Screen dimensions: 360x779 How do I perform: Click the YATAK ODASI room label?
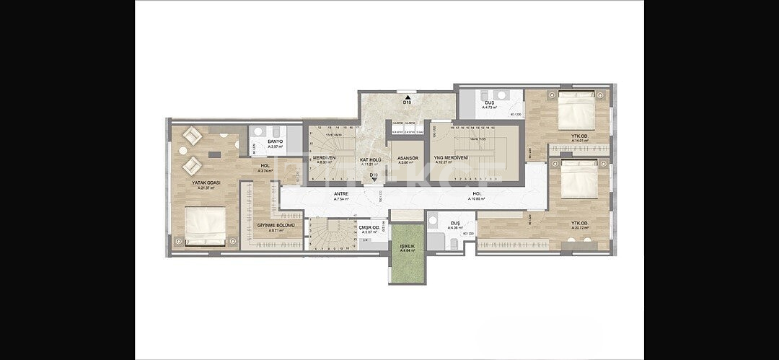tap(206, 183)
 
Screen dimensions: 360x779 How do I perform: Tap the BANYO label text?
tap(275, 141)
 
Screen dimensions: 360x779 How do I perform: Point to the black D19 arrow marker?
tap(374, 181)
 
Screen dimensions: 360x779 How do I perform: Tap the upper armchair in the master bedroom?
tap(193, 135)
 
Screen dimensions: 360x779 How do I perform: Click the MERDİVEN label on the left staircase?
tap(324, 158)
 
